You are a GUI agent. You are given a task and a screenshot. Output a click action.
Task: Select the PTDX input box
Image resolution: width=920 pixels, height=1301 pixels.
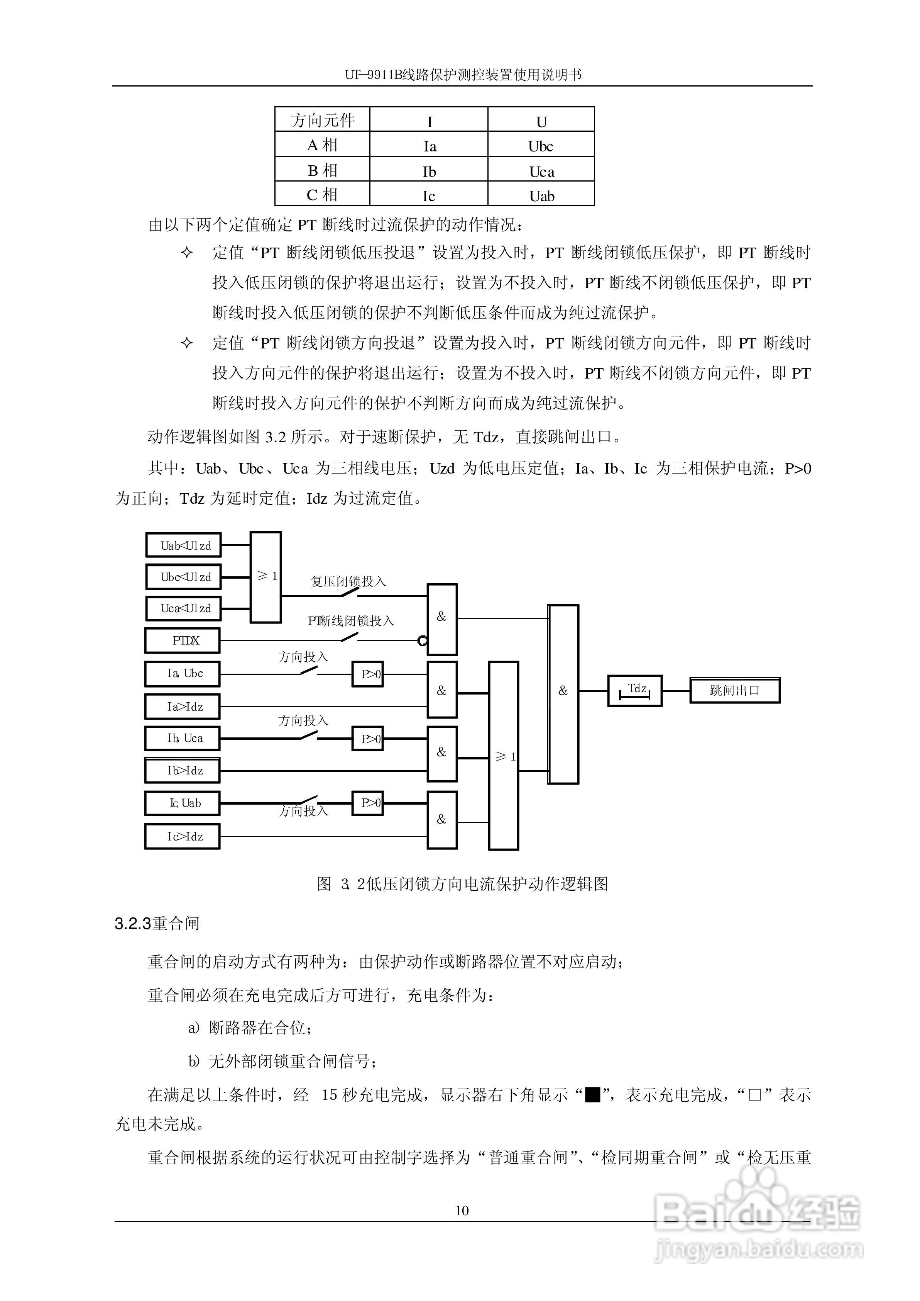coord(183,640)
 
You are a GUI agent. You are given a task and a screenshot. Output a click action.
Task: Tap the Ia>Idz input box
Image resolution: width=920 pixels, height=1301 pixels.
coord(183,707)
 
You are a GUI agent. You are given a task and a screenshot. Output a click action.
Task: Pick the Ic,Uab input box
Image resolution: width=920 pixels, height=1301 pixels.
coord(183,803)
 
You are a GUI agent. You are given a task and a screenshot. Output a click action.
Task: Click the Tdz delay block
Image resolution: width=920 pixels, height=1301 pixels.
coord(634,690)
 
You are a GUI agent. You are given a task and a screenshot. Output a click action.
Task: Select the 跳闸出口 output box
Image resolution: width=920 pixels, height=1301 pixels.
coord(734,690)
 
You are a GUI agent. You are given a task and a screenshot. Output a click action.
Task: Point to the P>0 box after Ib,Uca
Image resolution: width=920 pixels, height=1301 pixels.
coord(368,739)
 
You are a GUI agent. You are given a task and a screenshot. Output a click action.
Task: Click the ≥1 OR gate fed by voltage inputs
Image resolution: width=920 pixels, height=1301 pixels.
coord(266,576)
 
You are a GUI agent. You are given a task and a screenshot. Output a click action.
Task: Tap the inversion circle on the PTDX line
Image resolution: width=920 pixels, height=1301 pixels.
coord(422,641)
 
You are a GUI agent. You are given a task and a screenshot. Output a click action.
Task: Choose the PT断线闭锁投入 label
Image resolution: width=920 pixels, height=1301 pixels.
coord(351,621)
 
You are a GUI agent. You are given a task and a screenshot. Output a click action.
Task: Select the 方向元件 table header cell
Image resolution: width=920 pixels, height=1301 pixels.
coord(322,120)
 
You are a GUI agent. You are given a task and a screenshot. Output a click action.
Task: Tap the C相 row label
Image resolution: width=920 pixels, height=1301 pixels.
coord(322,195)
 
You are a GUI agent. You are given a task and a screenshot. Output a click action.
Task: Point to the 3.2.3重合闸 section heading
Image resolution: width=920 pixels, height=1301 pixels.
coord(157,924)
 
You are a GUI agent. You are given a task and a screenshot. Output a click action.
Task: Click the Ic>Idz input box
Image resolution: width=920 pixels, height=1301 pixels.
coord(183,836)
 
